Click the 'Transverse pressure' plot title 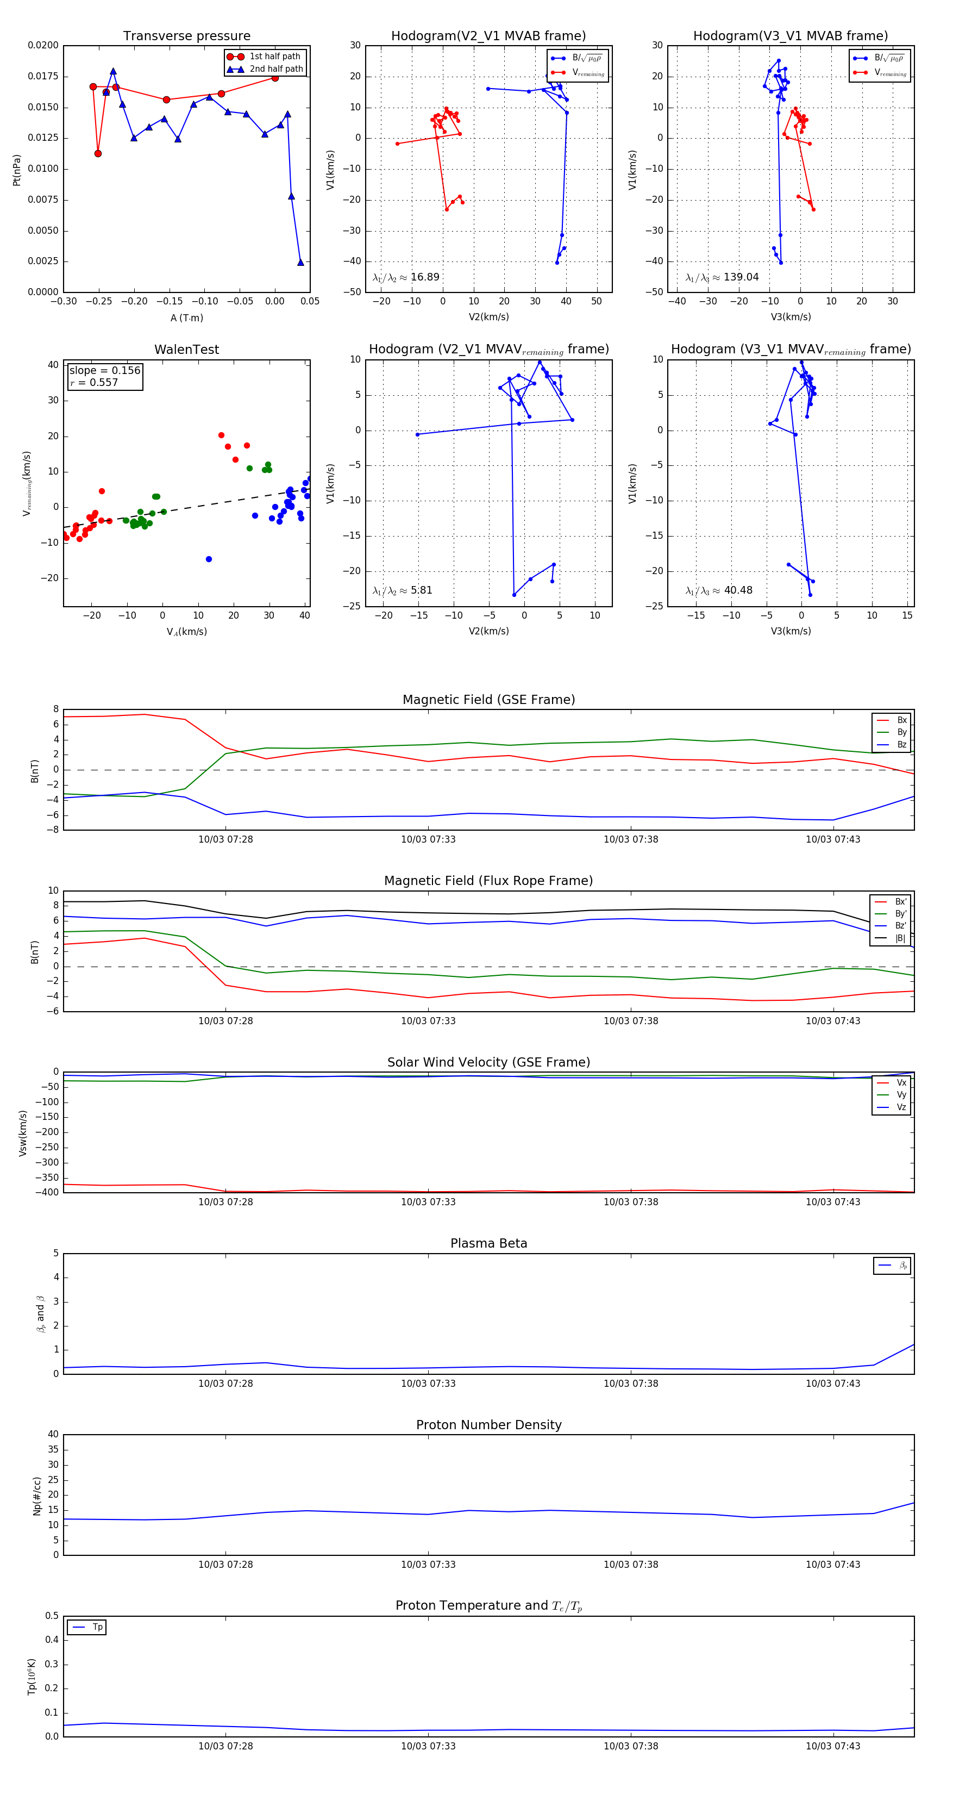(186, 36)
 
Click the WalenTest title (186, 350)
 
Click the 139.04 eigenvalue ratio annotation (740, 277)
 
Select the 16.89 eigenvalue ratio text (424, 277)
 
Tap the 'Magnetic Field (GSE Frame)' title (488, 700)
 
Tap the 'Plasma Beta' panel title (488, 1244)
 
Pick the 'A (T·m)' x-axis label (186, 318)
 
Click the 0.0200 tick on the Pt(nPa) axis (43, 45)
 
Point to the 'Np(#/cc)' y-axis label (37, 1496)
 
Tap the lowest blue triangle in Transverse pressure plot (300, 263)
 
